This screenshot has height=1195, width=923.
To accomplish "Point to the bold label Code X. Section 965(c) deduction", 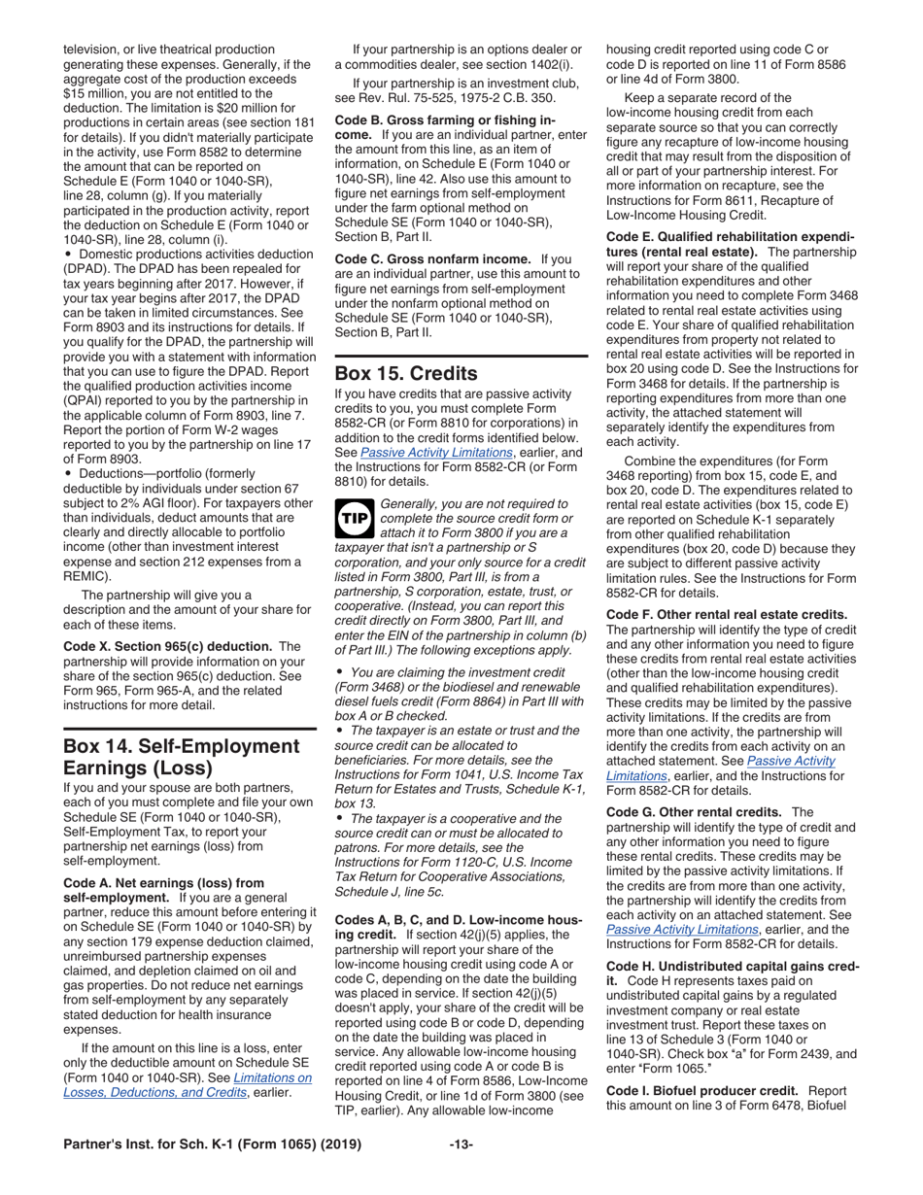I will pyautogui.click(x=158, y=646).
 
